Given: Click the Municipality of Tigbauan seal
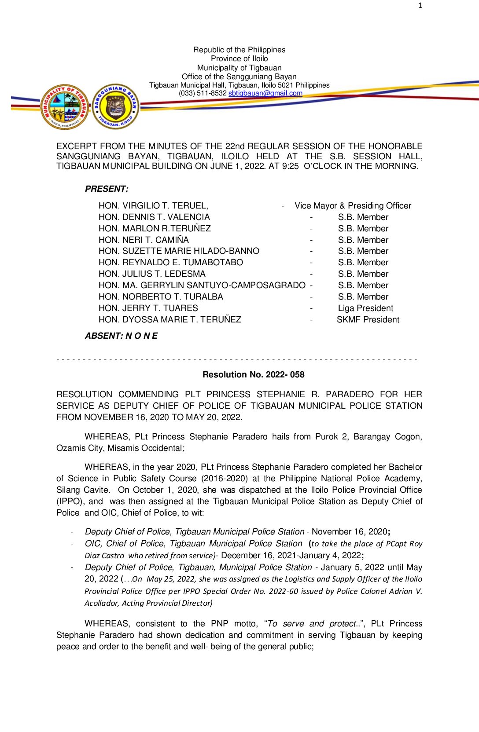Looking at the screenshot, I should [65, 107].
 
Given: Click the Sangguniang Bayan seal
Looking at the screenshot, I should [116, 106].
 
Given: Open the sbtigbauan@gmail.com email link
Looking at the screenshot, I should [265, 93].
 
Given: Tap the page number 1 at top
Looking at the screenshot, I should [420, 5].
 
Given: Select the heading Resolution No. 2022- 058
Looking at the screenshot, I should [253, 374].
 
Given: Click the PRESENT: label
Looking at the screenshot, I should [107, 189].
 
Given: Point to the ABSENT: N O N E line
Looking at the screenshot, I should [121, 336].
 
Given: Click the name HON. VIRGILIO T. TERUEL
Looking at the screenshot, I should [153, 205].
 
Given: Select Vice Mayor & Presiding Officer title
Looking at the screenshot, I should [353, 205].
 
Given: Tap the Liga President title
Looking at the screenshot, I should [365, 308].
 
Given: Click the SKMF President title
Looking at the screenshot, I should [368, 319].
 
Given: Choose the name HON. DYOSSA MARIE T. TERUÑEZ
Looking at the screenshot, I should [169, 319].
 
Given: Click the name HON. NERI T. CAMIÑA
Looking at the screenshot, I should [144, 240].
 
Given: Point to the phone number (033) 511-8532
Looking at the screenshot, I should [203, 93].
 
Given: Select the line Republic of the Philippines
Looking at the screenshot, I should [239, 50].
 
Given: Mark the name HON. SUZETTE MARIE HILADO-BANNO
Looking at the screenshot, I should [179, 251].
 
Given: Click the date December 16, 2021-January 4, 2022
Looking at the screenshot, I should [292, 555].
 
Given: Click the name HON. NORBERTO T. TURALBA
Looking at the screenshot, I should [161, 296].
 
